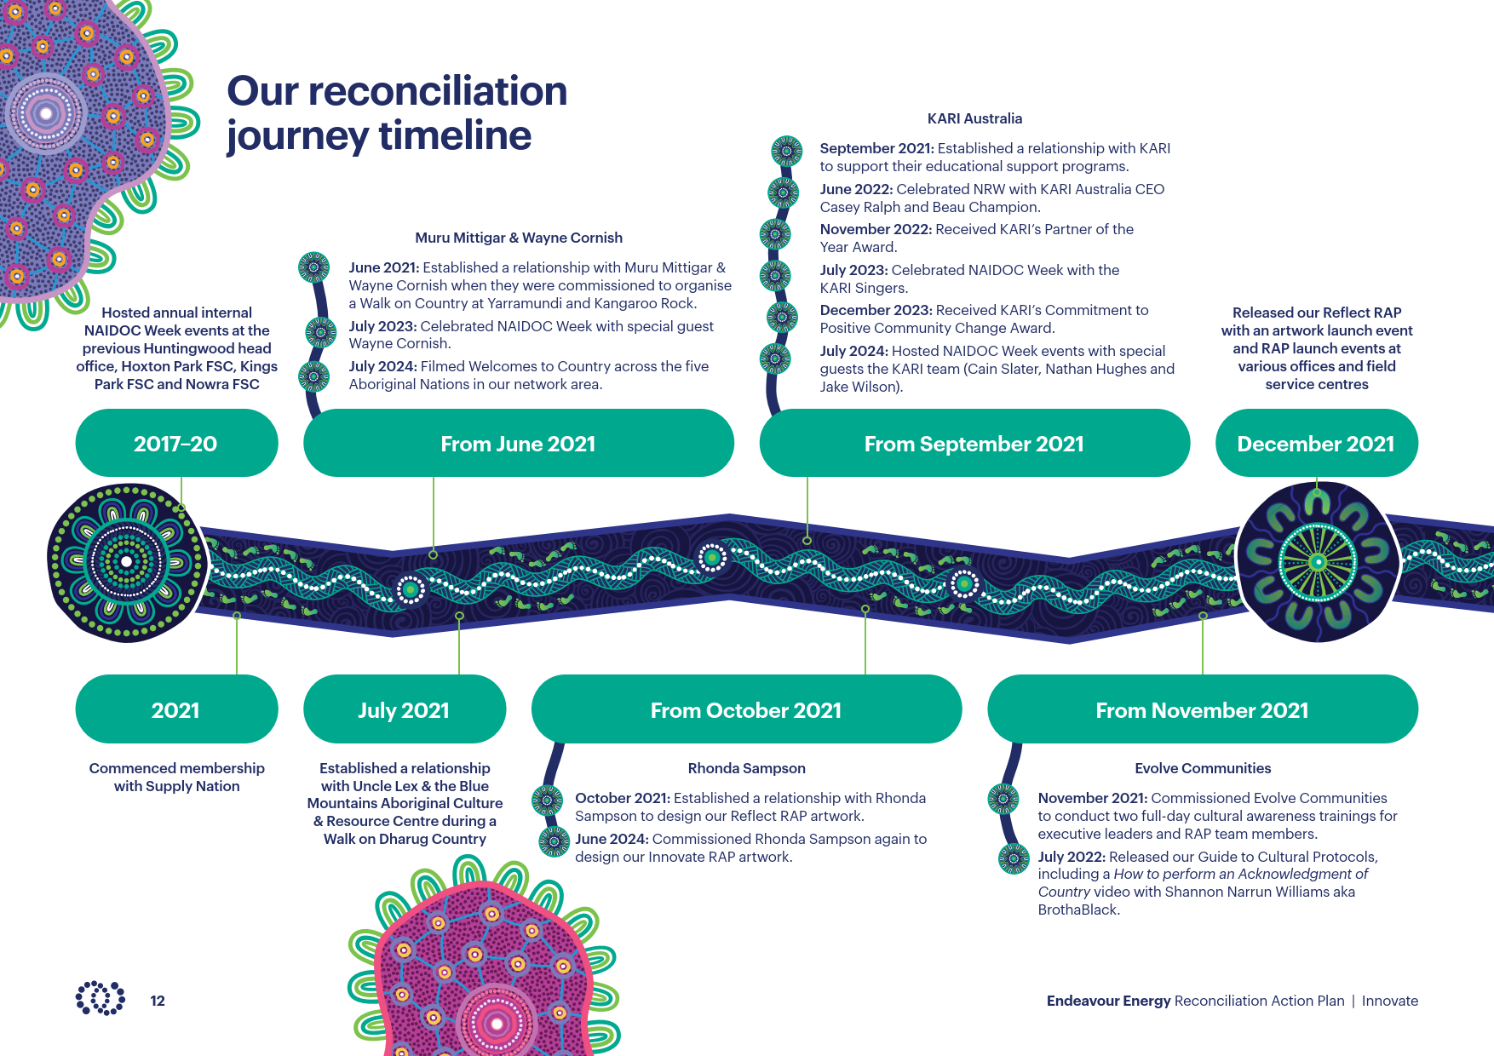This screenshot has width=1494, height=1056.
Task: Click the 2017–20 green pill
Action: tap(176, 443)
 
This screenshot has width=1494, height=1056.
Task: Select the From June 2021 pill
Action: tap(518, 443)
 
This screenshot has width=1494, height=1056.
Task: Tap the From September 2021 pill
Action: tap(974, 443)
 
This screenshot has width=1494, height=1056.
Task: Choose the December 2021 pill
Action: tap(1316, 443)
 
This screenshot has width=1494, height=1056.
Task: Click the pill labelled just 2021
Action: tap(176, 709)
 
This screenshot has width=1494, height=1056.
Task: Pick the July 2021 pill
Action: tap(405, 709)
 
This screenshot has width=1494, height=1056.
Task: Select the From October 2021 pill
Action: tap(746, 709)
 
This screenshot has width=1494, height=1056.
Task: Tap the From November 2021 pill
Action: tap(1203, 709)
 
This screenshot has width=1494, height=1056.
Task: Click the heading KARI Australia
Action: tap(974, 118)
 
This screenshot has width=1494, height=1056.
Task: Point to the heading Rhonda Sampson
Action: tap(747, 768)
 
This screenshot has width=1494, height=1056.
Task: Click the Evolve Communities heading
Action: tap(1203, 768)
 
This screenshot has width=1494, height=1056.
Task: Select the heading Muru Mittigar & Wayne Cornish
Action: tap(519, 238)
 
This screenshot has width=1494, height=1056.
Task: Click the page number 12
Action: tap(158, 1001)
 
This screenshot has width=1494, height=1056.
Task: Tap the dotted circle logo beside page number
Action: tap(101, 997)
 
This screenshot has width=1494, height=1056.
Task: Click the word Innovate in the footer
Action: tap(1390, 1001)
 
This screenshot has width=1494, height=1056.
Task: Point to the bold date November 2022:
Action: tap(876, 229)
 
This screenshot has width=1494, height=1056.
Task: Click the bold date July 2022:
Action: tap(1072, 857)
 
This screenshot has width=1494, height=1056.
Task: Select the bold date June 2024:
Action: tap(612, 839)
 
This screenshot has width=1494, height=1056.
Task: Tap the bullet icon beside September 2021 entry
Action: tap(786, 151)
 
